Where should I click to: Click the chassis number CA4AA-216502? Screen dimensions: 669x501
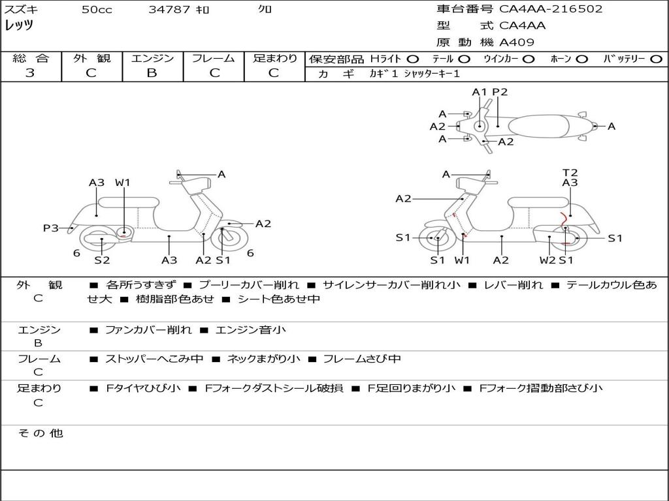(x=551, y=9)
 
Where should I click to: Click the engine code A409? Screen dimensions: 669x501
(x=517, y=42)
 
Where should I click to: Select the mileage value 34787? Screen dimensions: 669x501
(x=169, y=9)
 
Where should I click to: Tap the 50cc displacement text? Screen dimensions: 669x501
(x=97, y=9)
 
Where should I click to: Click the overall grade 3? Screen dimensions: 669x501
(x=30, y=73)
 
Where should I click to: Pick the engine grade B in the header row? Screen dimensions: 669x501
(x=152, y=73)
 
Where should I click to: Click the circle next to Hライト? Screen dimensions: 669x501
(x=413, y=59)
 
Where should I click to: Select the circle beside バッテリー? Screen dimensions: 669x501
(x=656, y=59)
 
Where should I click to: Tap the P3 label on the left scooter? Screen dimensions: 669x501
(x=51, y=228)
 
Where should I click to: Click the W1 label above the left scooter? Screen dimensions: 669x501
(x=122, y=183)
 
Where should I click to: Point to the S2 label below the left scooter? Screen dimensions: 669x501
(x=102, y=260)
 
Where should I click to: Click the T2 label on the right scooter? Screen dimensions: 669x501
(x=570, y=172)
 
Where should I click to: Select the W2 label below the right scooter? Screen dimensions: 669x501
(x=547, y=260)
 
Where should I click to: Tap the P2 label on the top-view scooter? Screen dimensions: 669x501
(x=500, y=92)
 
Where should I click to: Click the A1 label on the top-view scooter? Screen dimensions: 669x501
(x=480, y=92)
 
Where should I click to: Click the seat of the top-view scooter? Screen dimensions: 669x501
(x=538, y=127)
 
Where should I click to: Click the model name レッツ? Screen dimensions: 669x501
(x=19, y=25)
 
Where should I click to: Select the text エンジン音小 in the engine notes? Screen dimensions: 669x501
(x=250, y=329)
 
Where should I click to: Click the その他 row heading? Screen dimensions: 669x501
(x=41, y=433)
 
